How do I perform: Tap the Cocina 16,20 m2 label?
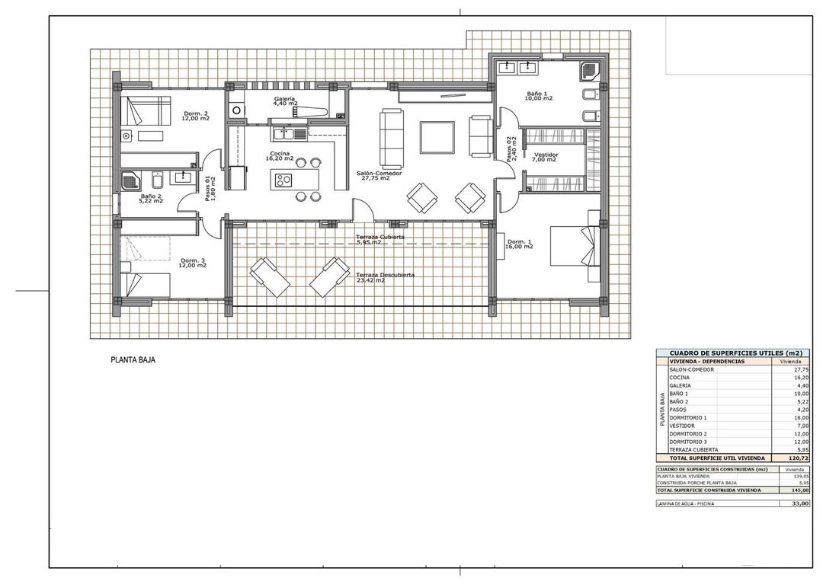279,155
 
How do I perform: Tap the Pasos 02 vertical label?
512,149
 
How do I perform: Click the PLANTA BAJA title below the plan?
133,359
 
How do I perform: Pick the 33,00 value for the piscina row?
799,503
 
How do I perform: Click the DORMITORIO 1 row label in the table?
688,418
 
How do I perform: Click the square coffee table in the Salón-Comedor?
437,136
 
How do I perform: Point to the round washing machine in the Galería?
236,110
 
